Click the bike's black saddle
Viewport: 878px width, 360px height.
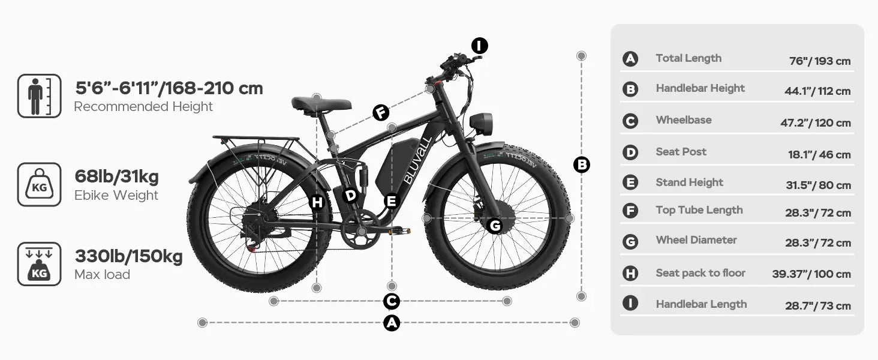coord(321,104)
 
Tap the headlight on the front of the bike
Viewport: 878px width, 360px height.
coord(481,124)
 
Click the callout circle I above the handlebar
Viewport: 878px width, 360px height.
coord(479,46)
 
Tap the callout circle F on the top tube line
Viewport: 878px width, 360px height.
coord(381,113)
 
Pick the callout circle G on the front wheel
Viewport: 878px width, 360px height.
coord(495,226)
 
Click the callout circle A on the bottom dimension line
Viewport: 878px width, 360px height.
coord(392,323)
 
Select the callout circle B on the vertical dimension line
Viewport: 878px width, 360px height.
coord(582,165)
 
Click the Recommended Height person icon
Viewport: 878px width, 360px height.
coord(39,96)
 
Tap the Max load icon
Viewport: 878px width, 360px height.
coord(39,264)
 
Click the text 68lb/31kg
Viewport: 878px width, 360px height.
coord(117,177)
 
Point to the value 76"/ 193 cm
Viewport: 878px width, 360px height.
coord(820,61)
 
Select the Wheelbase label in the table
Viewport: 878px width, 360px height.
coord(684,120)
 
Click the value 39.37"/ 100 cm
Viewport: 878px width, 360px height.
coord(811,274)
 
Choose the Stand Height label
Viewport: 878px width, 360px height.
coord(690,182)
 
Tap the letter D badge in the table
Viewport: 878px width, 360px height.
coord(630,152)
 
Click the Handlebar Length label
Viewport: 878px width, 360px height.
coord(701,304)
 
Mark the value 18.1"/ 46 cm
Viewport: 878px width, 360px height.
coord(820,155)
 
